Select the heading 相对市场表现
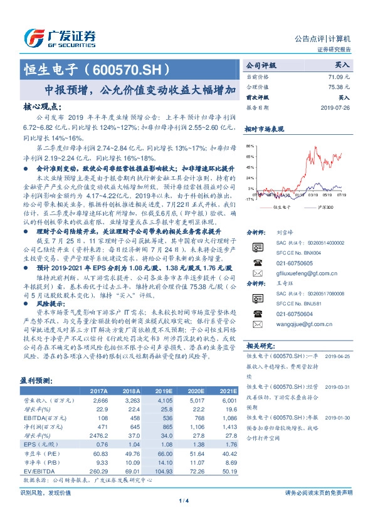[x=264, y=129]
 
